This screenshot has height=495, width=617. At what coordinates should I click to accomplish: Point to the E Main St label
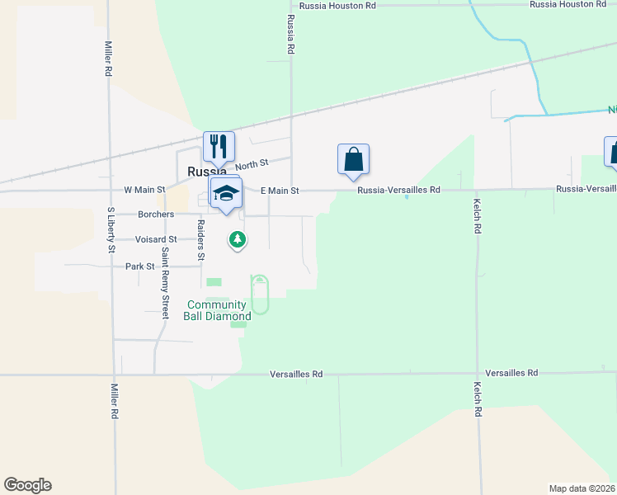tap(279, 191)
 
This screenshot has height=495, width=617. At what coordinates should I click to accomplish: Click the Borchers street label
tap(156, 214)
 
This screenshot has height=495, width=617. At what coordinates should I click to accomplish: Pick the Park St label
tap(139, 266)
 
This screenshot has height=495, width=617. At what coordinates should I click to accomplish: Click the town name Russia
tap(203, 172)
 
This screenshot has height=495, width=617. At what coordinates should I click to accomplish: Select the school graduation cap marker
tap(226, 194)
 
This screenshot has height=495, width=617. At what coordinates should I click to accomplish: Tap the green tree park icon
tap(238, 240)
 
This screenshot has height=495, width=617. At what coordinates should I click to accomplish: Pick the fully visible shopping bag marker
tap(353, 159)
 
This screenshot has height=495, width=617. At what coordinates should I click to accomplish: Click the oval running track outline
tap(260, 295)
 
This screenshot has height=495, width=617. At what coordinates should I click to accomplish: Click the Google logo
tap(27, 485)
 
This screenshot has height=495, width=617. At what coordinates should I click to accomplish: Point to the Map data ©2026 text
tap(582, 488)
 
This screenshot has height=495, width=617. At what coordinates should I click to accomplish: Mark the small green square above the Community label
tap(214, 282)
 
